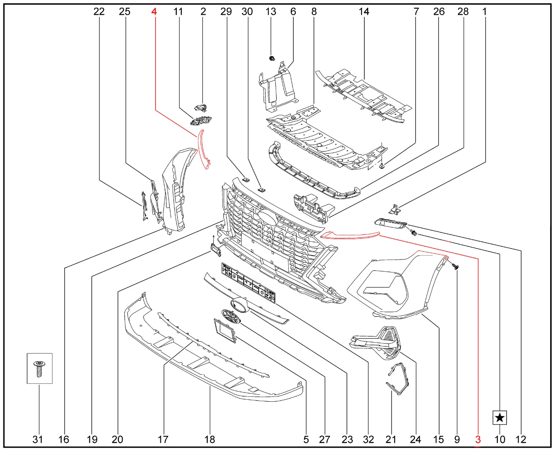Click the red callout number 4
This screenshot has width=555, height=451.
point(154,11)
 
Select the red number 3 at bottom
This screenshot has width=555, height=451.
point(478,439)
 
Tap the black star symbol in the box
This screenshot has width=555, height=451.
point(500,418)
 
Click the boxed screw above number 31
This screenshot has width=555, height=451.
point(39,369)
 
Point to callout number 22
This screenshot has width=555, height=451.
point(99,11)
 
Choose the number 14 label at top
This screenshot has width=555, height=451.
point(364,11)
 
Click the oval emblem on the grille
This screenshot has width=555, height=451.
point(268,217)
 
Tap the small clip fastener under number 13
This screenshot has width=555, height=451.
point(272,58)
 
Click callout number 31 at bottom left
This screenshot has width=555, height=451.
point(38,439)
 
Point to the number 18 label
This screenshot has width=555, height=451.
point(210,439)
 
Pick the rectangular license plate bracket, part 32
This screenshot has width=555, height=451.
point(248,283)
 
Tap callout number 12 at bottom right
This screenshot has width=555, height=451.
point(521,439)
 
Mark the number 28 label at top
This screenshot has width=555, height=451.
point(463,11)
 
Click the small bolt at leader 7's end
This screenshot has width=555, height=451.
point(382,165)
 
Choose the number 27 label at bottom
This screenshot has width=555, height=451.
point(324,439)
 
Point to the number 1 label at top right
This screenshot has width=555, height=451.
point(484,11)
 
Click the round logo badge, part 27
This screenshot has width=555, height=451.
point(232,317)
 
